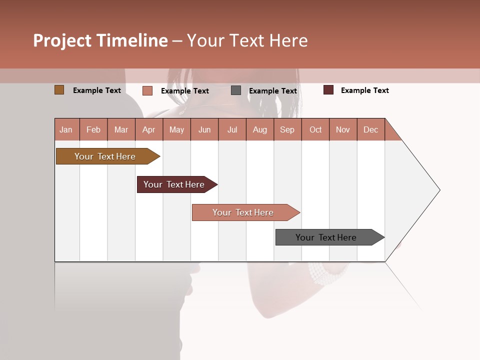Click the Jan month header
click(66, 129)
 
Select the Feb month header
click(93, 129)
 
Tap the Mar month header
click(121, 129)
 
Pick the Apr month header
click(149, 129)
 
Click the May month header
click(176, 129)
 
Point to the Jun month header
click(204, 129)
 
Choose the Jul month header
click(232, 129)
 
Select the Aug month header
click(260, 129)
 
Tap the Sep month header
click(287, 129)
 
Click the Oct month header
click(315, 129)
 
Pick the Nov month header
click(343, 129)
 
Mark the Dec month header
click(371, 129)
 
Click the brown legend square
click(59, 90)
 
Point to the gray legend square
click(236, 90)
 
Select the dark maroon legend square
click(328, 90)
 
